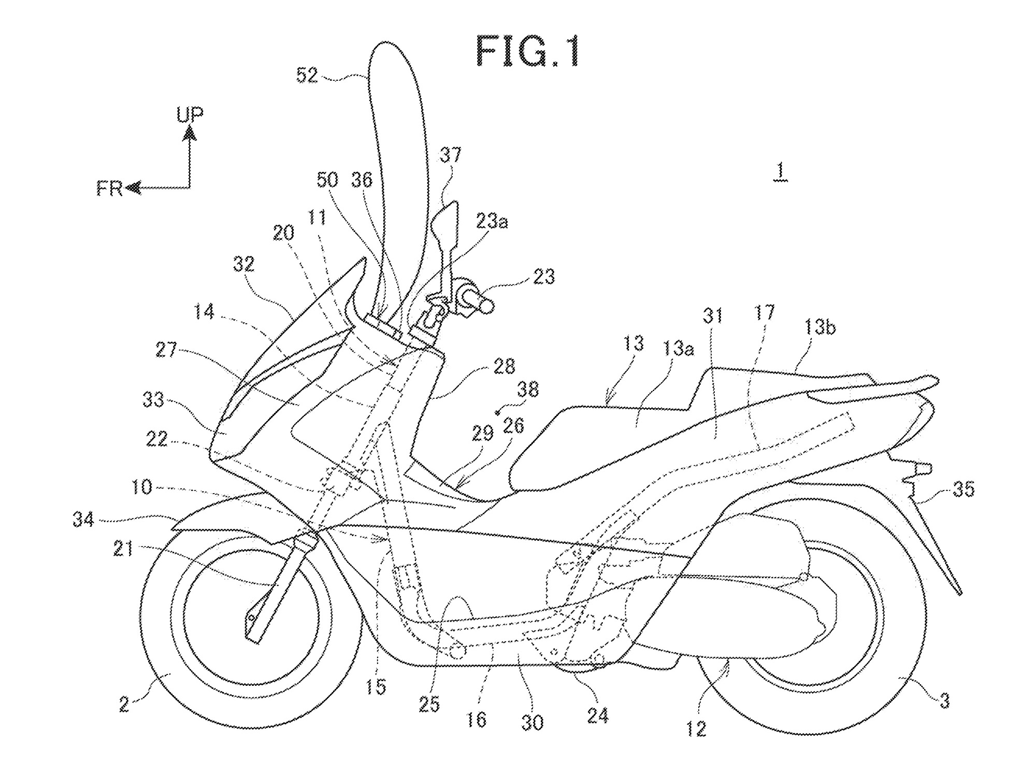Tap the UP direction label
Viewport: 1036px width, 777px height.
pyautogui.click(x=190, y=114)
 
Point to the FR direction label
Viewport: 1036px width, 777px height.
pyautogui.click(x=109, y=189)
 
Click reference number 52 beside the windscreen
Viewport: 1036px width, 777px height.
pyautogui.click(x=307, y=76)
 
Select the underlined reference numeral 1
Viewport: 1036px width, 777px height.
pyautogui.click(x=780, y=171)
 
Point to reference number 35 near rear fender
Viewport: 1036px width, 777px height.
pyautogui.click(x=963, y=489)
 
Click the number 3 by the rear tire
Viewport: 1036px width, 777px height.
pyautogui.click(x=944, y=701)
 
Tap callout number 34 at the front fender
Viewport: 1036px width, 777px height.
pyautogui.click(x=83, y=519)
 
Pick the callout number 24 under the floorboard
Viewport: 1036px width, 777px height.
pyautogui.click(x=597, y=716)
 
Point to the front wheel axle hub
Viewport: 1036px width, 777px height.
pyautogui.click(x=251, y=617)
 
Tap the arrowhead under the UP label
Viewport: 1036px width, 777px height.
pyautogui.click(x=190, y=135)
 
